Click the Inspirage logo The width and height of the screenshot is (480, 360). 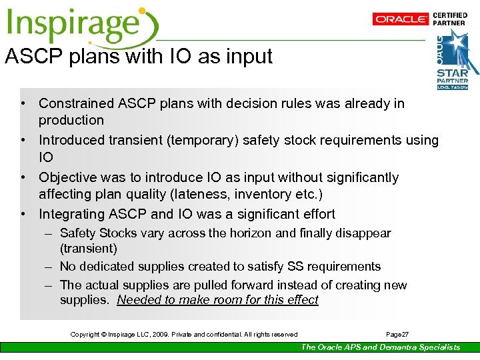[x=80, y=25]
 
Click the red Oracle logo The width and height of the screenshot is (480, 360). [x=400, y=19]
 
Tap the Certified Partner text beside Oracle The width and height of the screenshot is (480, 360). [x=450, y=19]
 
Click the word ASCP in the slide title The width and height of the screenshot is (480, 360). [x=35, y=56]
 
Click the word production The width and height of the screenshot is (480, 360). [x=71, y=121]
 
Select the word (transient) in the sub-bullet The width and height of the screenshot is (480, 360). [x=88, y=249]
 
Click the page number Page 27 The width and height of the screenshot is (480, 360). [x=397, y=334]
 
